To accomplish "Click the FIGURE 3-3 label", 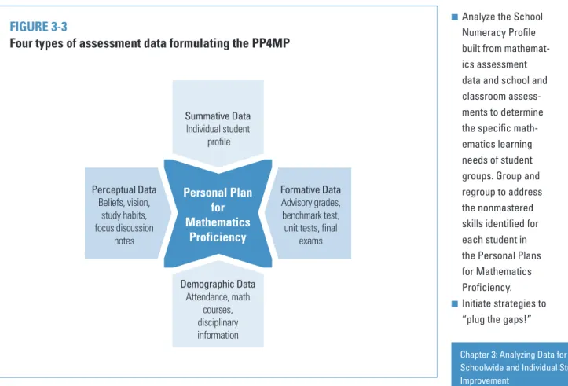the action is (x=38, y=27).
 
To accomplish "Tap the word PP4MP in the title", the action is (x=270, y=43).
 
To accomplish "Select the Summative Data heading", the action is (x=218, y=116).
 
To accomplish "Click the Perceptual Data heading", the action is (x=124, y=189).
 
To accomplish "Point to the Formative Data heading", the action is (x=310, y=189).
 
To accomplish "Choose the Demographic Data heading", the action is (x=218, y=284).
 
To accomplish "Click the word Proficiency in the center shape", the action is (x=218, y=237).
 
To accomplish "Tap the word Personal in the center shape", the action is (x=202, y=193).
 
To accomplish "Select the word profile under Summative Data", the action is (x=219, y=142).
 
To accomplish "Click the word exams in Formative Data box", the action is (x=310, y=241).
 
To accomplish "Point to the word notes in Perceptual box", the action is (x=124, y=241).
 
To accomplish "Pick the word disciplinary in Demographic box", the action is (x=218, y=322).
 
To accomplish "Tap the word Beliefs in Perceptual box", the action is (x=109, y=202).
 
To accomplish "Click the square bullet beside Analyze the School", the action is (x=455, y=17).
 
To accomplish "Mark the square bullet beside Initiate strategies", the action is (x=455, y=303).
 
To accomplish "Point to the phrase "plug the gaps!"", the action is (x=497, y=319).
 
